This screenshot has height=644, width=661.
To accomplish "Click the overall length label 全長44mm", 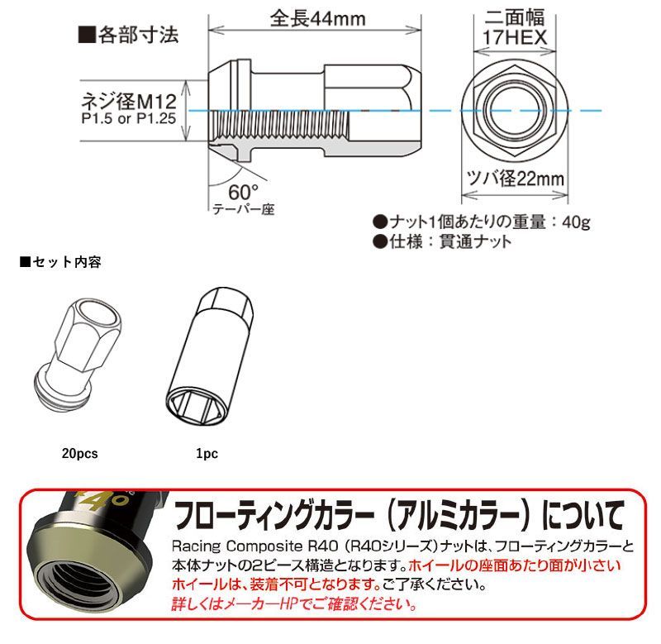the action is click(x=317, y=19).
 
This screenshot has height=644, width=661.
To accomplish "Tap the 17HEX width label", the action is click(x=514, y=37).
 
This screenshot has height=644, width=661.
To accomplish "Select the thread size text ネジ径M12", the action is click(x=129, y=101).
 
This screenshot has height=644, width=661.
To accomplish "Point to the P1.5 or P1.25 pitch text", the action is click(x=129, y=118).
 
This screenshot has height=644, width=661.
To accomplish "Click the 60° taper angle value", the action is click(x=243, y=193).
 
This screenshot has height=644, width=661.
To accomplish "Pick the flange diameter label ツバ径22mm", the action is click(x=515, y=179).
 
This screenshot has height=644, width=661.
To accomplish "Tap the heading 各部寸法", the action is click(x=129, y=35).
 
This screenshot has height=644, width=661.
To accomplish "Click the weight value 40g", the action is click(x=576, y=222).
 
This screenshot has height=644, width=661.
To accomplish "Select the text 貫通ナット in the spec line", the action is click(x=475, y=241).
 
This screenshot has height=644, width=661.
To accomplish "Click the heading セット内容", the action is click(x=60, y=262).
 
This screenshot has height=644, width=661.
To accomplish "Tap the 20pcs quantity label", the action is click(x=79, y=453).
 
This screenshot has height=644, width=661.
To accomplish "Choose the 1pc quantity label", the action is click(x=207, y=453).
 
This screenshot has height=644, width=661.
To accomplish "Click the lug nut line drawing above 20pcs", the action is click(x=78, y=355).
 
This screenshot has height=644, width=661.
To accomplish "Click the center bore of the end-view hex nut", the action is click(x=514, y=110).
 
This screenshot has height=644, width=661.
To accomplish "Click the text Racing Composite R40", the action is click(x=254, y=546).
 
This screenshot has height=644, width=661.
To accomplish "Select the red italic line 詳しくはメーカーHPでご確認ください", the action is click(x=294, y=604).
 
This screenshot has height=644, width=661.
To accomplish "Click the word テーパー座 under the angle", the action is click(x=243, y=209).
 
